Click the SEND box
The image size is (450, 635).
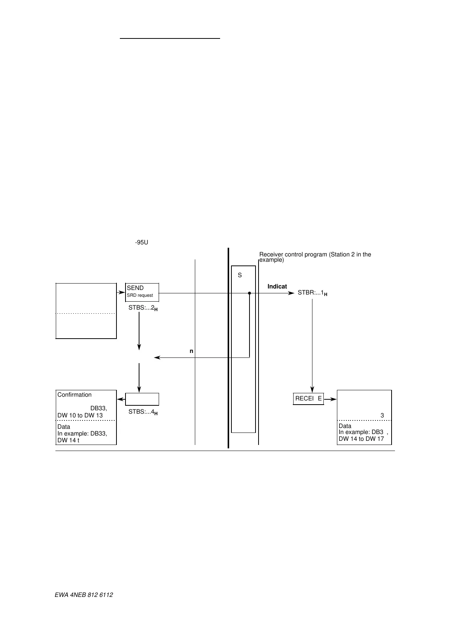(142, 292)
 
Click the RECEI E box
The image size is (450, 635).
(308, 399)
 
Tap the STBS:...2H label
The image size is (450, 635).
(143, 308)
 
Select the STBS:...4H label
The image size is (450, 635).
(143, 412)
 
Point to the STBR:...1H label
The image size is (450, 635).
(312, 293)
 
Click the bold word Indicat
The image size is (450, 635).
(277, 287)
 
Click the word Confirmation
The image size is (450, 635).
(74, 395)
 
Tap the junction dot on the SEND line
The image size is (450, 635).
(249, 293)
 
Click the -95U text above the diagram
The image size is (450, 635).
(141, 242)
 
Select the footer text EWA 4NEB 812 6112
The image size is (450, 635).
(84, 595)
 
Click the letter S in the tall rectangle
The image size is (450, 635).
(240, 276)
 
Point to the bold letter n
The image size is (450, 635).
(191, 351)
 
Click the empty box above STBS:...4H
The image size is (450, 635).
(142, 399)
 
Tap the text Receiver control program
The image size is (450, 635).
(293, 255)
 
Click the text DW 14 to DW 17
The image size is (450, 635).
(361, 439)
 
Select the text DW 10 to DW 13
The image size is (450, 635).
(80, 415)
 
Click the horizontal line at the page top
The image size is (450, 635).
(170, 38)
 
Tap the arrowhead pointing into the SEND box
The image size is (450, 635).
(122, 292)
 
